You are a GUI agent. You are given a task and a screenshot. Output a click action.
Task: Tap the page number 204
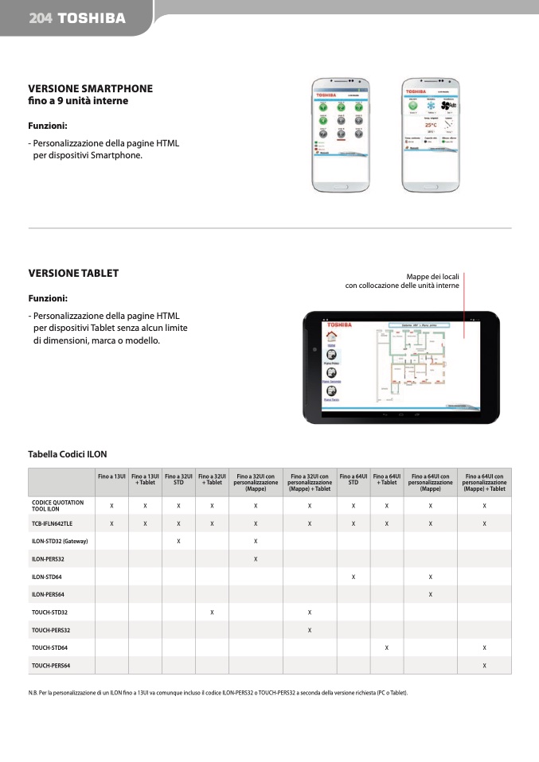coord(41,17)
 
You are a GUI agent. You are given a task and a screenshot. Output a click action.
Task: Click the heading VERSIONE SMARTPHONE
coord(90,88)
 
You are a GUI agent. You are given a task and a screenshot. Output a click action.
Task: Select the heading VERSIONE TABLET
coord(73,273)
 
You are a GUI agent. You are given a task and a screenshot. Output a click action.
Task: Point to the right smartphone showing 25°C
coord(431,135)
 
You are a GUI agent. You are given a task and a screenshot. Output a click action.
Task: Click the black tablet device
coord(401,367)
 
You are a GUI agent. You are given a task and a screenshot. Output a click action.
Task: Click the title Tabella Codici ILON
coord(67,454)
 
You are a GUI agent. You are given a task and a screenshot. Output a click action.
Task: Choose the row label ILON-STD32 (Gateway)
coord(59,541)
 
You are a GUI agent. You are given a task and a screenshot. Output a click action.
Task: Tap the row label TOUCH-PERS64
coord(50,665)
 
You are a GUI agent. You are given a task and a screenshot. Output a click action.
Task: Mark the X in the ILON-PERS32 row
coord(255,558)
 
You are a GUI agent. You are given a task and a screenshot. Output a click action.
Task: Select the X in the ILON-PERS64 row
coord(430,594)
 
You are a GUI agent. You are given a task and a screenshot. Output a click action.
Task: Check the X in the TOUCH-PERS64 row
coord(484,665)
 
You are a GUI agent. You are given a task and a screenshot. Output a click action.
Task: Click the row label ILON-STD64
coord(48,576)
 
